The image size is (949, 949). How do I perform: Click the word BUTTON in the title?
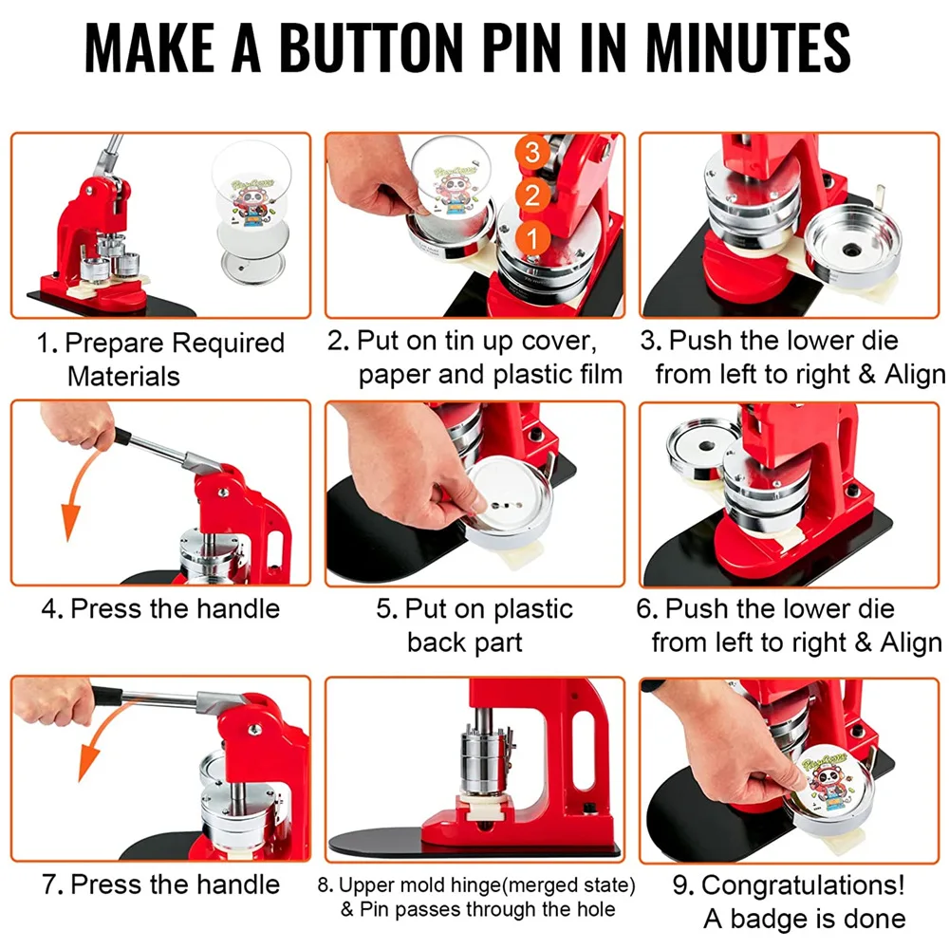point(371,47)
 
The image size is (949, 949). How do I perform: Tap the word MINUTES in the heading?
point(748,47)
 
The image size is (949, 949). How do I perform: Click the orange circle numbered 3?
point(532,152)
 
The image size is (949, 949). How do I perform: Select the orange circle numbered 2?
point(532,195)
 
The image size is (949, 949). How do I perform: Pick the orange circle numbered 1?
point(532,239)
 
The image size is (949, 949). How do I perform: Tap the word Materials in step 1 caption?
point(123,377)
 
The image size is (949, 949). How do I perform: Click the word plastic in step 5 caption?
point(532,609)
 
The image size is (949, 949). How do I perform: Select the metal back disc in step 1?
point(252,267)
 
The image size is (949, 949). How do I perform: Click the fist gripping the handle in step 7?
point(54,702)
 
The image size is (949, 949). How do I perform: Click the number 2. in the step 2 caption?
point(339,342)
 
